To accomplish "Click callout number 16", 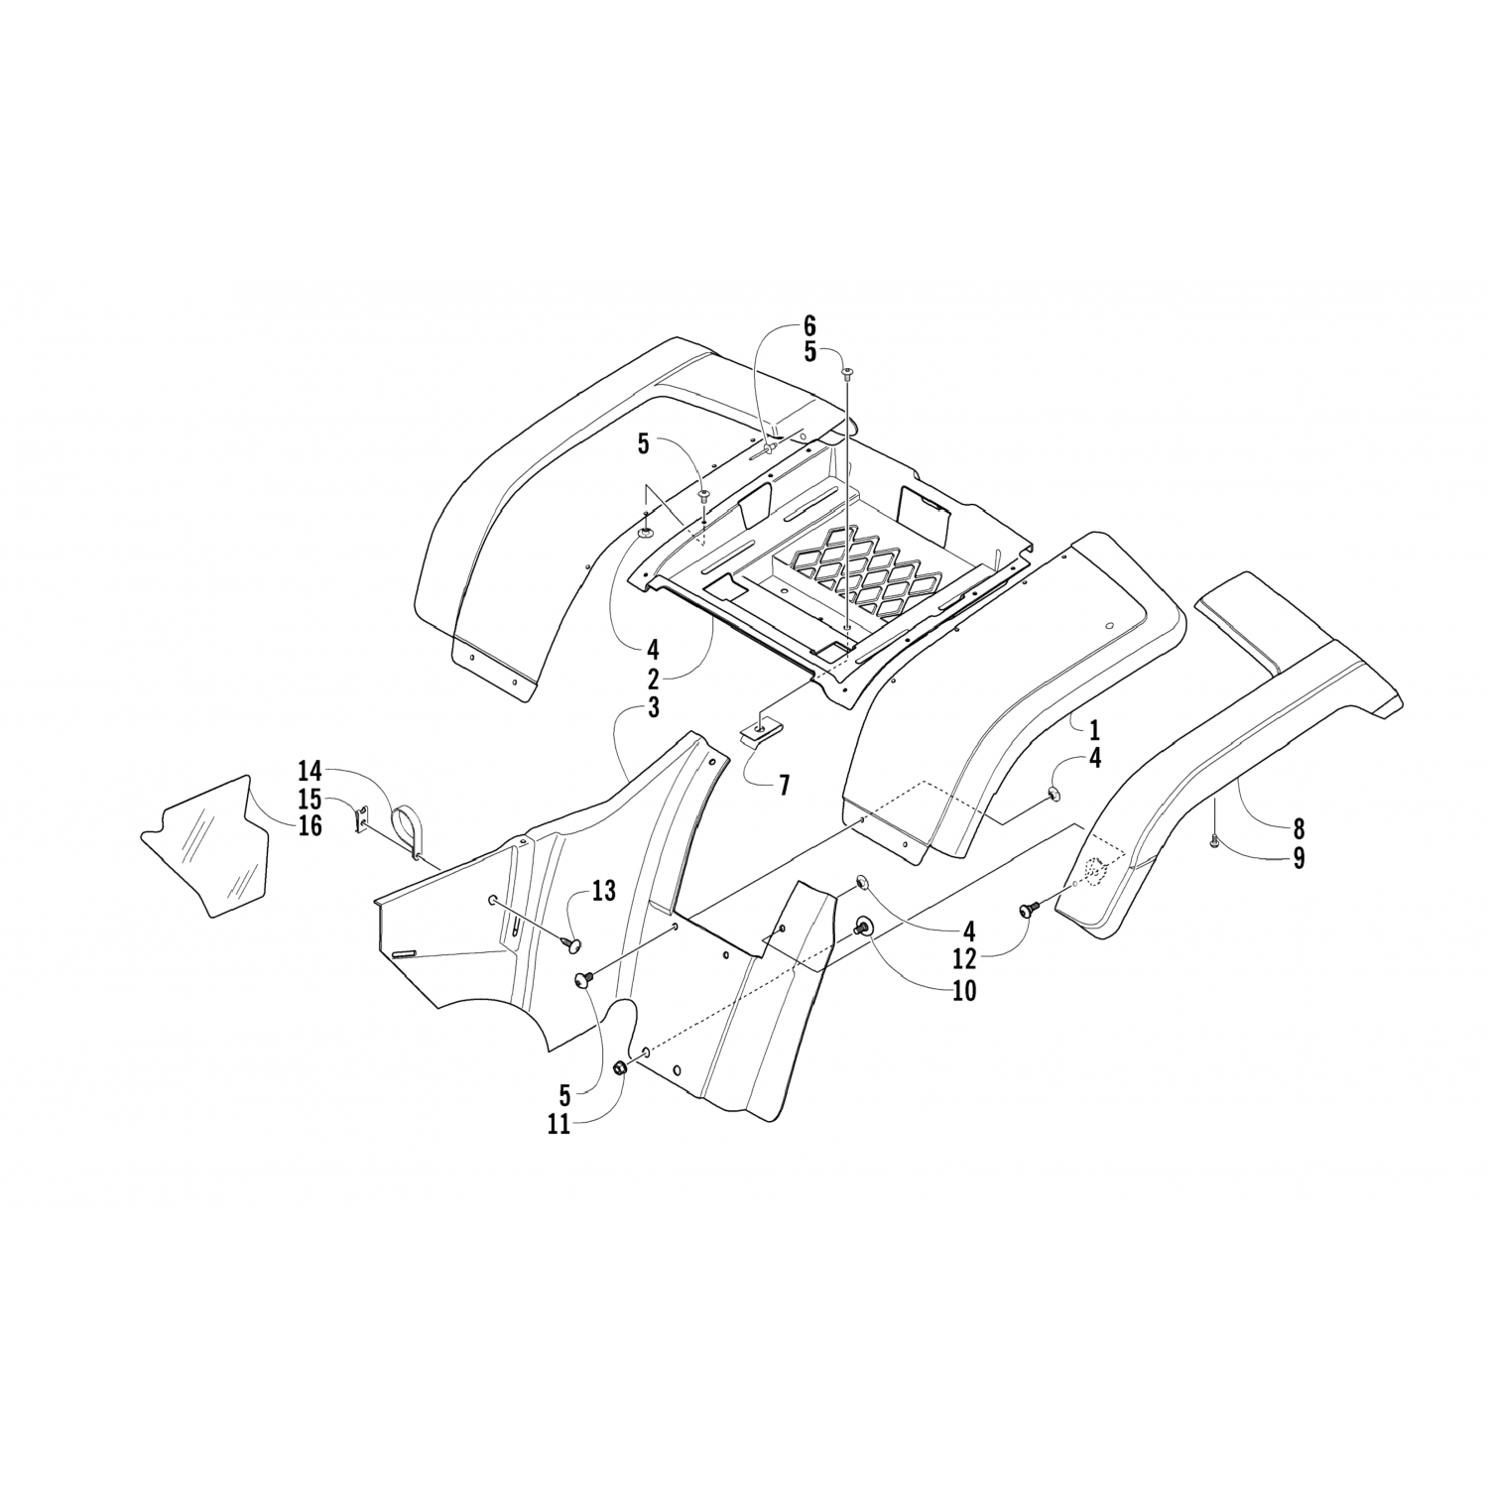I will pos(310,825).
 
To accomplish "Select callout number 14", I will pos(310,770).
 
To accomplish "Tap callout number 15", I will pos(310,798).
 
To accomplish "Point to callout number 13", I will pos(603,892).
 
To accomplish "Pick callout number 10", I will pos(963,990).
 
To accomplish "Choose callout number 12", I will pos(963,959).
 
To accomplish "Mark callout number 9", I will pos(1299,858).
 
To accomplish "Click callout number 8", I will pos(1299,828).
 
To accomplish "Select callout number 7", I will pos(784,787).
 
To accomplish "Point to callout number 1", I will pos(1094,731).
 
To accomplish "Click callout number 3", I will pos(653,707).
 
